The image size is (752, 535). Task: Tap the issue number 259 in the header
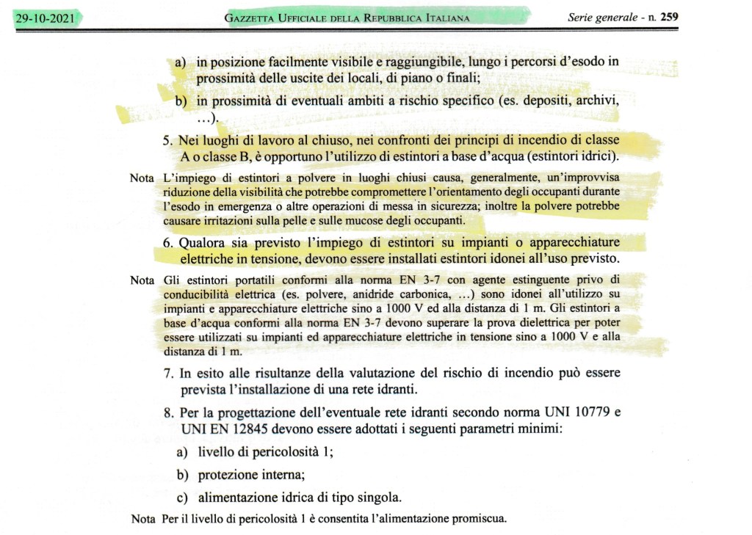click(x=670, y=18)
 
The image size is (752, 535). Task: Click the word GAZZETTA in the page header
click(x=256, y=18)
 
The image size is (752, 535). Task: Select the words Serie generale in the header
click(x=602, y=18)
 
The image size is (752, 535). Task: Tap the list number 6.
click(x=168, y=243)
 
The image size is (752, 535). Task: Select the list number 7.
click(x=168, y=374)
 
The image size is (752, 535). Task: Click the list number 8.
click(x=168, y=413)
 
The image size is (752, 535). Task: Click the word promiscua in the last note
click(x=478, y=519)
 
